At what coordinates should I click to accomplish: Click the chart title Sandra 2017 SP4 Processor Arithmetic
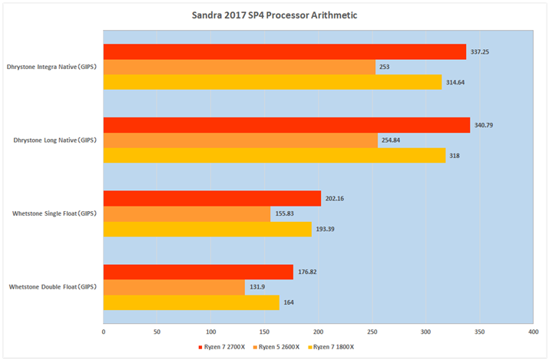pyautogui.click(x=274, y=15)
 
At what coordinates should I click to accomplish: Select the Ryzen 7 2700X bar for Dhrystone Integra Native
pyautogui.click(x=284, y=52)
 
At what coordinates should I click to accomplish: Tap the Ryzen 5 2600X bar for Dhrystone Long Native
pyautogui.click(x=240, y=140)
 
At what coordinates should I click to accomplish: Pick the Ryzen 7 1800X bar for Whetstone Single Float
pyautogui.click(x=207, y=229)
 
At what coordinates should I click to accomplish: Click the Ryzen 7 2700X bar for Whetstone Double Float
pyautogui.click(x=198, y=272)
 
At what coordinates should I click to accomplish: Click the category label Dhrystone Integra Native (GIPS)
pyautogui.click(x=52, y=67)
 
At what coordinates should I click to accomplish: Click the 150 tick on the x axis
pyautogui.click(x=265, y=332)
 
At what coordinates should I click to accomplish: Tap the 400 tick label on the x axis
pyautogui.click(x=533, y=332)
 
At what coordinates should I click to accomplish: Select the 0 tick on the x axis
pyautogui.click(x=104, y=332)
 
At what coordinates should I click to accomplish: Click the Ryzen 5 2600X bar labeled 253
pyautogui.click(x=239, y=67)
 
